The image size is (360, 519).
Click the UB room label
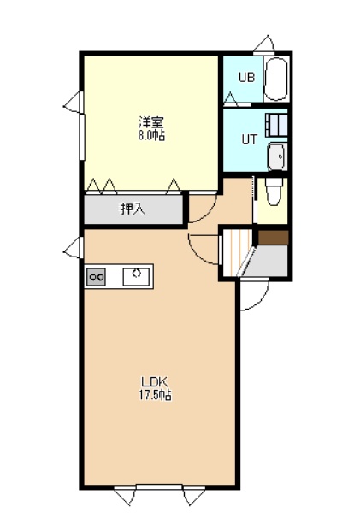point(247,77)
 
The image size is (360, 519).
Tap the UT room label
point(249,139)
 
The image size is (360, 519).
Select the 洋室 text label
point(151,123)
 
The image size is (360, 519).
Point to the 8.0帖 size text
point(151,136)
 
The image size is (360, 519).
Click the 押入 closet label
point(133,209)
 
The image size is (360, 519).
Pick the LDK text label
point(155,382)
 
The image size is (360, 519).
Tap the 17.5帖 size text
point(155,395)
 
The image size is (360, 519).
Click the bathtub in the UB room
point(276,80)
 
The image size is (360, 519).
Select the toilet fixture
point(274,192)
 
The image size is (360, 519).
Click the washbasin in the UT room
point(277,156)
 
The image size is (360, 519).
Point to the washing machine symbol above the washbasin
point(276,125)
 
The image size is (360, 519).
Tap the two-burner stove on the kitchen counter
point(96,277)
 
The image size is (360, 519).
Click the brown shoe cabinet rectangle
point(273,238)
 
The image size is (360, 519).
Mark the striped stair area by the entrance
point(236,252)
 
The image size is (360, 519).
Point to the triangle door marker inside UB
point(231,98)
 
